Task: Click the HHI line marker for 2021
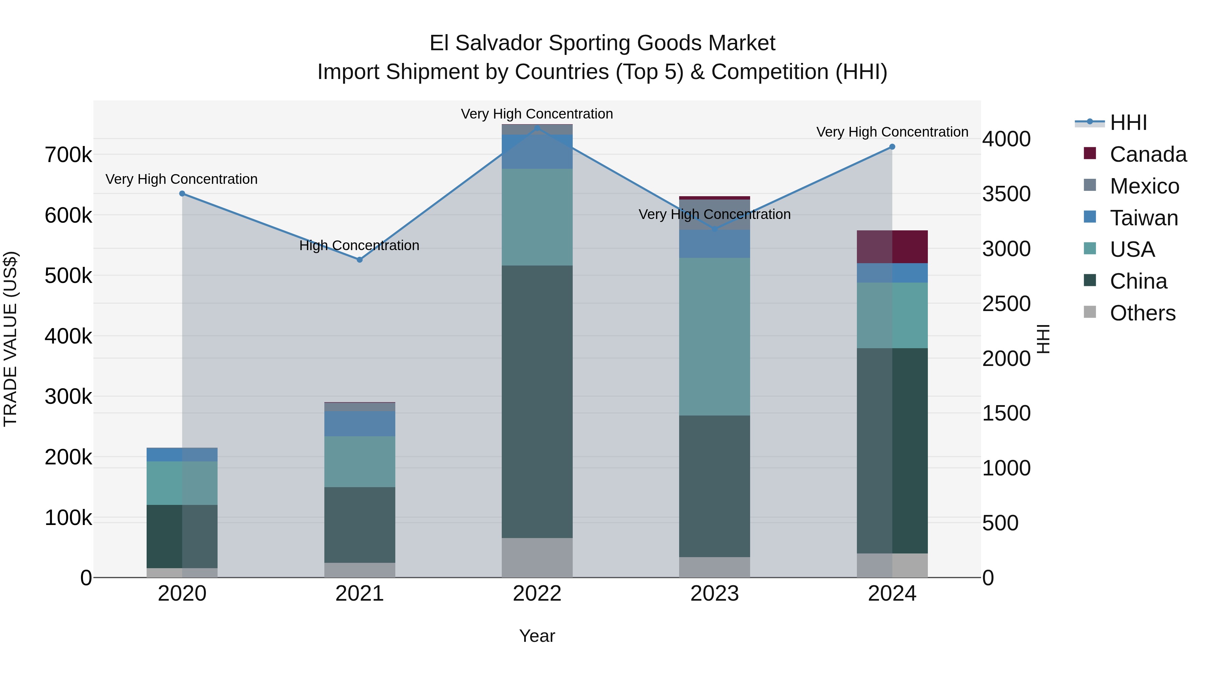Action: pyautogui.click(x=360, y=260)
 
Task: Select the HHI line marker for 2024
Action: pyautogui.click(x=892, y=147)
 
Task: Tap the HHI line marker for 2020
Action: pyautogui.click(x=182, y=194)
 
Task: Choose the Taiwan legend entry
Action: pyautogui.click(x=1143, y=218)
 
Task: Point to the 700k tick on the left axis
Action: pyautogui.click(x=68, y=155)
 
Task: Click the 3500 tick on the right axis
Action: pyautogui.click(x=1006, y=194)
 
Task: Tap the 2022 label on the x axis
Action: pyautogui.click(x=537, y=594)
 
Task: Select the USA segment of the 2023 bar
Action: pyautogui.click(x=714, y=336)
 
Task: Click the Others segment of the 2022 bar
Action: pyautogui.click(x=537, y=558)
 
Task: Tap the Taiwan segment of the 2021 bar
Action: pyautogui.click(x=360, y=424)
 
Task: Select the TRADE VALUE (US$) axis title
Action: pyautogui.click(x=10, y=339)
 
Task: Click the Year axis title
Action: pyautogui.click(x=537, y=636)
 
